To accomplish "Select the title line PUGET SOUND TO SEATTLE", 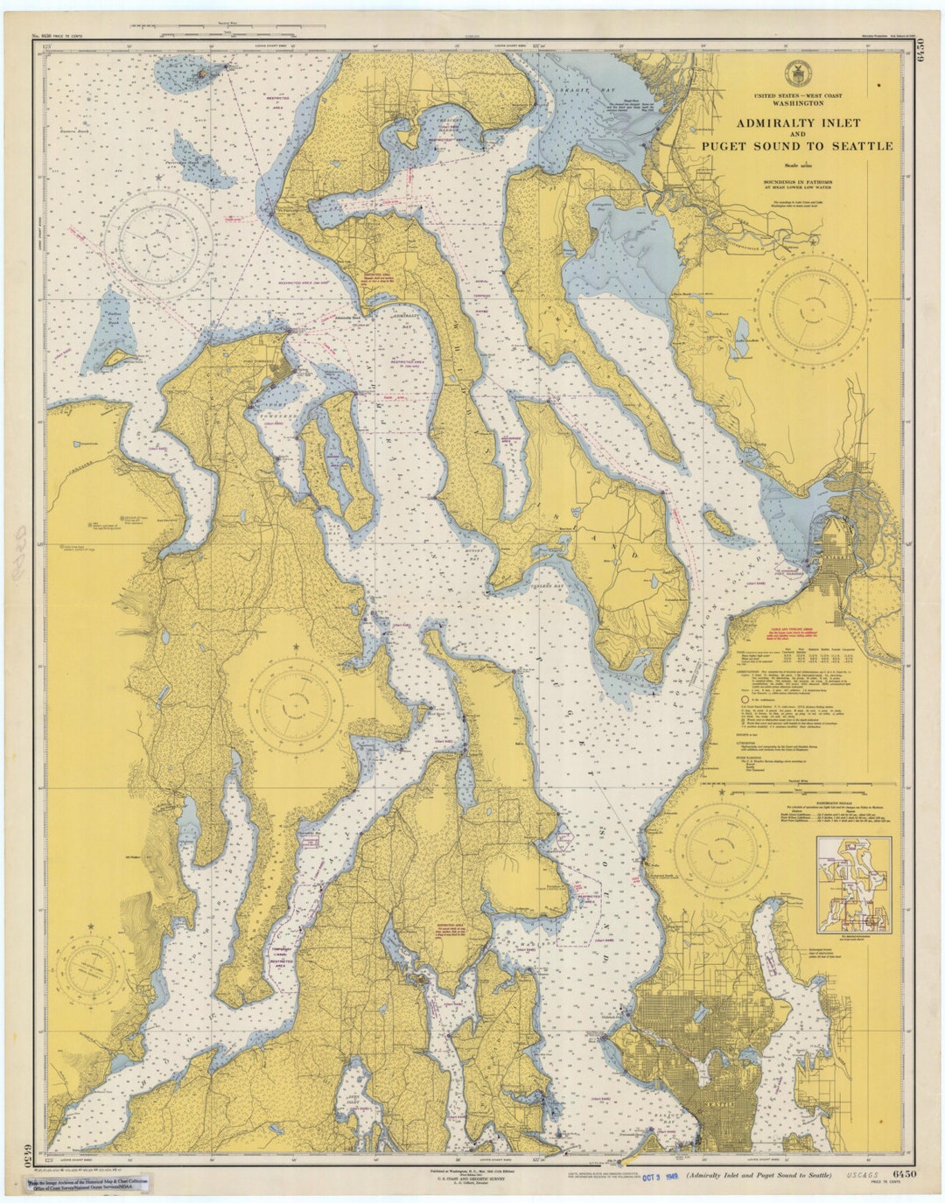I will click(797, 146).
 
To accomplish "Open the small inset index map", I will click(853, 884).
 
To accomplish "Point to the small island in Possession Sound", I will click(717, 524).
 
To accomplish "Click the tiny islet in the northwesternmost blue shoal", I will click(203, 73).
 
